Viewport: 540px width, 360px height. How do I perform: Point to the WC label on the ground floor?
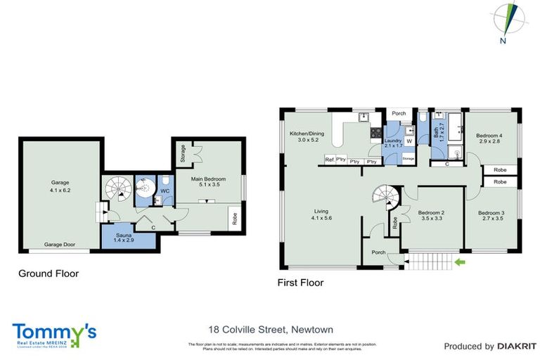point(165,190)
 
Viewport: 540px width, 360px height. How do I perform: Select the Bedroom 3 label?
point(492,216)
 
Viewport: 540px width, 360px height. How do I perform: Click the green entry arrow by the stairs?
point(460,263)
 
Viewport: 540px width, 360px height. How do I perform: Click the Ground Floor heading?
point(49,274)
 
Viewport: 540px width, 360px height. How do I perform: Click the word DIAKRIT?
point(517,346)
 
